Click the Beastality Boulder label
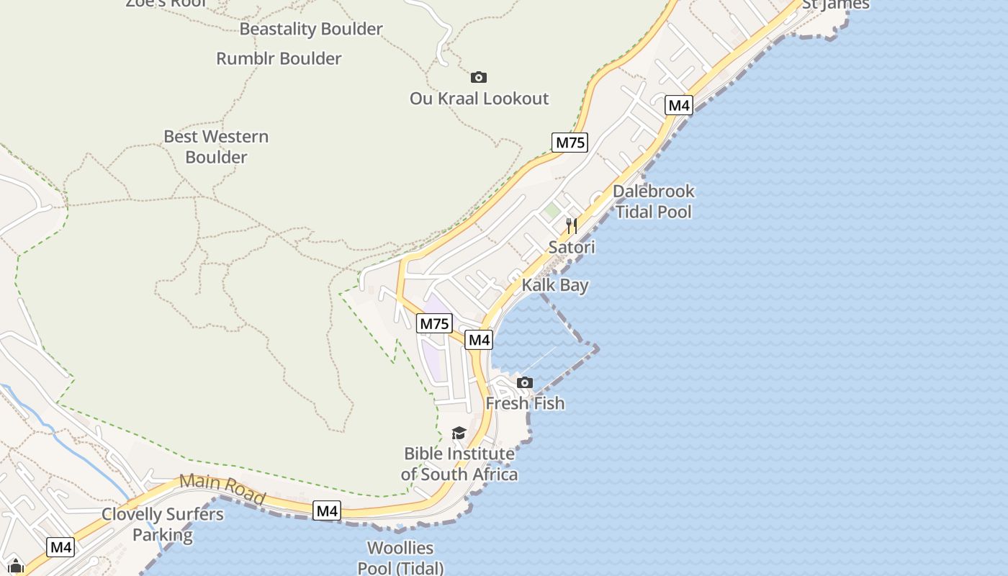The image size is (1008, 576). tap(310, 30)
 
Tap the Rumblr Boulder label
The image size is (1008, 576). tap(279, 58)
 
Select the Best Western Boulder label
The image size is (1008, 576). tap(216, 146)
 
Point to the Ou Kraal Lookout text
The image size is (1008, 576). tap(479, 99)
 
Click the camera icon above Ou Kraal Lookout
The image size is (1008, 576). tap(479, 77)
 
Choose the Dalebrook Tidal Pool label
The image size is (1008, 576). tap(653, 201)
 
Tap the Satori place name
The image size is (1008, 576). tap(572, 247)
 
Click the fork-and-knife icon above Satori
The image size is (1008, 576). tap(572, 226)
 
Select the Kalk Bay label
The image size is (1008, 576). tap(555, 285)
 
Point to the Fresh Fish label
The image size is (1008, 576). tap(525, 403)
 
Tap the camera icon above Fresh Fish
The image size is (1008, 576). tap(525, 383)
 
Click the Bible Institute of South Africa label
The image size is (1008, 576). tap(459, 464)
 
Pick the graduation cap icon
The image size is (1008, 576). tap(459, 433)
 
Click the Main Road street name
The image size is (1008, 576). tap(222, 489)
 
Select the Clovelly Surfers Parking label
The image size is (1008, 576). tap(163, 525)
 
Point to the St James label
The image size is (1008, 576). tap(835, 5)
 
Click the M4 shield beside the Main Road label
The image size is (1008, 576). tap(327, 511)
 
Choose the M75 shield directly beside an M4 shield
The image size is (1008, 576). tap(434, 324)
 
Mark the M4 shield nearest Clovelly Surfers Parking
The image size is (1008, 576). tap(60, 547)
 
